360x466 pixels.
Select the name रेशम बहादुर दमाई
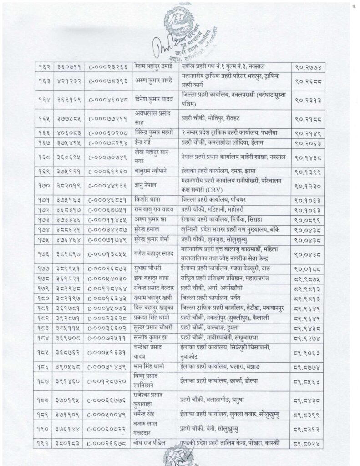(156, 66)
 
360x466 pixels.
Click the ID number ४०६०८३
(70, 132)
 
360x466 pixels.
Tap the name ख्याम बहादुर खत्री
(157, 298)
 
